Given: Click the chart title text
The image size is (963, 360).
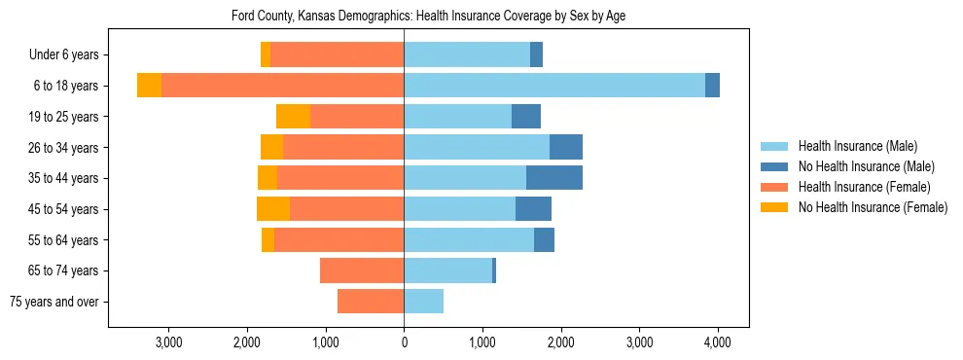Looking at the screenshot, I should point(434,17).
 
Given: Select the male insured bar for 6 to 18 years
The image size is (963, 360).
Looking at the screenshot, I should point(554,86).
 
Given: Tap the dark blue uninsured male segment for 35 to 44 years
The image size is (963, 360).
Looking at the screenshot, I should point(554,178).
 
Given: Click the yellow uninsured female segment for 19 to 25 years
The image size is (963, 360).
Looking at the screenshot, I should point(293,117).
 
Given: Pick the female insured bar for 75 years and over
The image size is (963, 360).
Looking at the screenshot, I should point(371,302).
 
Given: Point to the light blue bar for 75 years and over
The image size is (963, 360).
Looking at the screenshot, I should point(424,302).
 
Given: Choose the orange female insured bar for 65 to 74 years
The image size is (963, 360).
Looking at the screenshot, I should point(362,270).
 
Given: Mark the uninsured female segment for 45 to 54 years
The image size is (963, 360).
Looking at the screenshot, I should point(273,209).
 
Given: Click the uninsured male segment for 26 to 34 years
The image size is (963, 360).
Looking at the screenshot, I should point(566,147).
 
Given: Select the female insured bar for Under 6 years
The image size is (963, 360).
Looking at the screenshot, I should point(337,54).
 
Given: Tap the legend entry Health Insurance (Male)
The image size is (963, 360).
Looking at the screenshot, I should point(857,147).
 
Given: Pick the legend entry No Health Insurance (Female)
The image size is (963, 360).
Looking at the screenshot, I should point(873,207).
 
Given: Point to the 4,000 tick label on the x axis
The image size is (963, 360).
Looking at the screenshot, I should point(718,342).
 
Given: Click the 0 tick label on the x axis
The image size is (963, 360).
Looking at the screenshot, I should point(404,342).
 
